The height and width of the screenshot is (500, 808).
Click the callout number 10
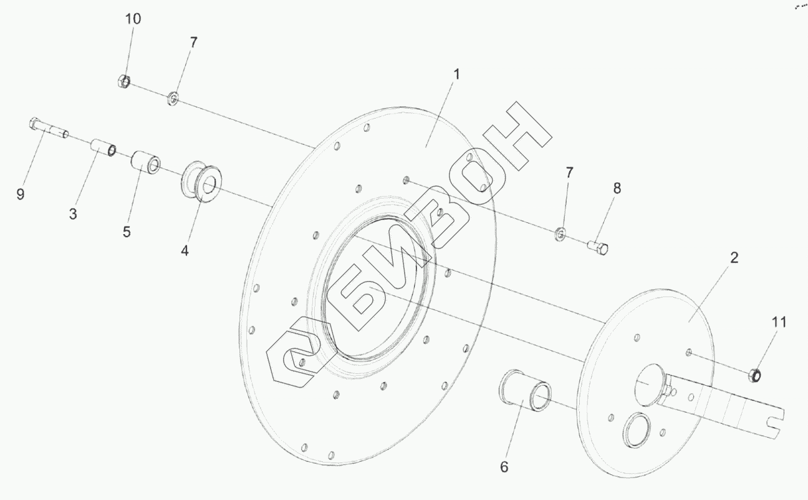pos(133,19)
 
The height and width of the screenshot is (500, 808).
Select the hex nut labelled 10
pos(123,81)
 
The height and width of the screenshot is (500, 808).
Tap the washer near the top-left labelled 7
pos(173,99)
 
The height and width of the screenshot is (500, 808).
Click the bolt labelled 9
pos(49,127)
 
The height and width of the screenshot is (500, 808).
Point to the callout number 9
pos(21,194)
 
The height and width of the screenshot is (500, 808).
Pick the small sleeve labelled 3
pos(103,148)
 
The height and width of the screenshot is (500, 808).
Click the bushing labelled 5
pos(146,162)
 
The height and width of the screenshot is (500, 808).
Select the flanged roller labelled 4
pos(201,182)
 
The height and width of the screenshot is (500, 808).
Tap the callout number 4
pos(185,250)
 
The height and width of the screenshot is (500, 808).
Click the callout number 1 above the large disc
pos(456,74)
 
